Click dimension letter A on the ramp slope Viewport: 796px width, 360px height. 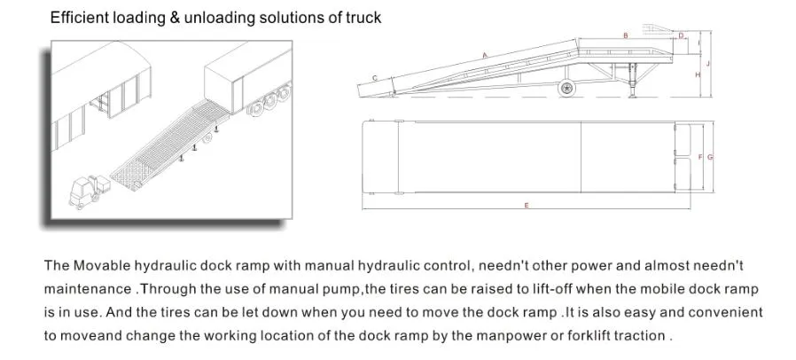[485, 55]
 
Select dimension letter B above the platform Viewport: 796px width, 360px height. [626, 35]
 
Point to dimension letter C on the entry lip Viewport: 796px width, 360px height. [374, 78]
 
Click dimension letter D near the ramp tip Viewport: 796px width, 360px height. [681, 35]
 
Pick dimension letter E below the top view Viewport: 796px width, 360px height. [526, 205]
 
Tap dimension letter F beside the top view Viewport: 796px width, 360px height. [700, 157]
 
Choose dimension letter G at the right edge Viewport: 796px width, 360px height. [710, 157]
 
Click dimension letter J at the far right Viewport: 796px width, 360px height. [710, 63]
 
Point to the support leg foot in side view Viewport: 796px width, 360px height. [634, 95]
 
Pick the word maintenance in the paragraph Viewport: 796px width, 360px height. [87, 288]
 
